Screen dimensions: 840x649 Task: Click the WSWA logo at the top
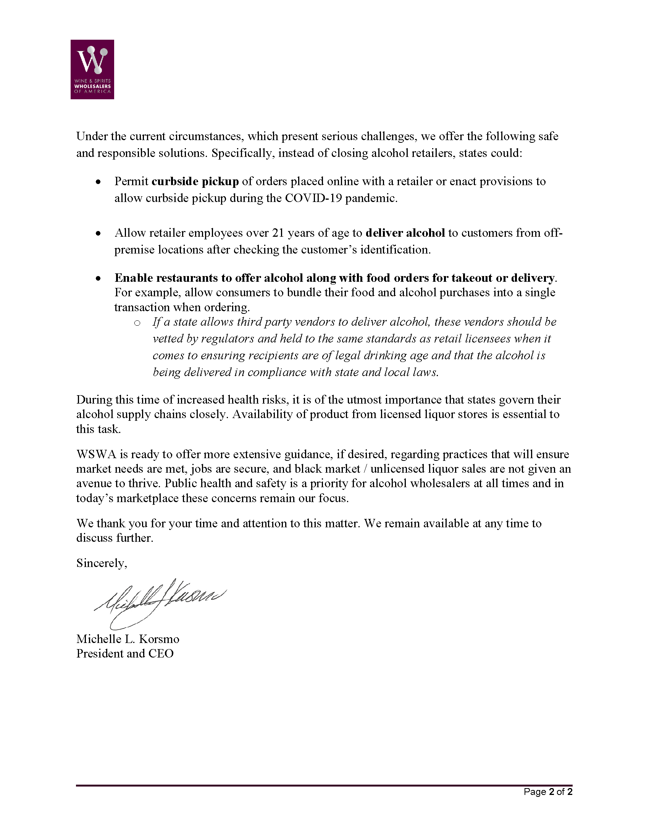point(92,69)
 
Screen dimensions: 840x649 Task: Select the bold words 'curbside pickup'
point(195,181)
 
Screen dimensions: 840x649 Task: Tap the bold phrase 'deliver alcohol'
point(405,233)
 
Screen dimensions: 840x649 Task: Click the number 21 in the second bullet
point(278,233)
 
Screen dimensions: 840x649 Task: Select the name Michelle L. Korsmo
point(128,639)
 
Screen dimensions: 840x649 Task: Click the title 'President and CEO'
point(125,654)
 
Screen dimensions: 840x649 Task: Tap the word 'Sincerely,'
point(102,564)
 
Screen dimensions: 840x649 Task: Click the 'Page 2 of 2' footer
point(548,792)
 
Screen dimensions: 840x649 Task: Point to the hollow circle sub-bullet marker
point(137,323)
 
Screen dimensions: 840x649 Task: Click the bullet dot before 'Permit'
point(99,182)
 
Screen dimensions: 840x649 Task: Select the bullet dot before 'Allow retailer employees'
point(99,233)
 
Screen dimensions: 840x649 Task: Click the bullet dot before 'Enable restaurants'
point(99,278)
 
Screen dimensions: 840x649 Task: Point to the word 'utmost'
point(364,400)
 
